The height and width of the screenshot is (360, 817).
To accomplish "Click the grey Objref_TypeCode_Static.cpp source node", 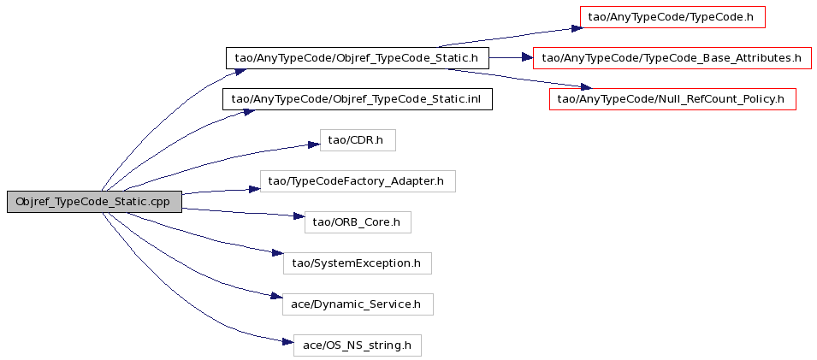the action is [x=94, y=202].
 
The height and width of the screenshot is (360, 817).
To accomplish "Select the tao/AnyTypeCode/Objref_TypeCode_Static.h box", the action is [x=357, y=58].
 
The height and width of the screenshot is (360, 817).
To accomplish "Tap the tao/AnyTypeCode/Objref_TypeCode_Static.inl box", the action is [x=358, y=99].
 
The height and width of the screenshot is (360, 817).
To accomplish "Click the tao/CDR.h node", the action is [x=358, y=140].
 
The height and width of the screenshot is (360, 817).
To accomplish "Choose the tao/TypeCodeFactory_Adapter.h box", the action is [x=358, y=180].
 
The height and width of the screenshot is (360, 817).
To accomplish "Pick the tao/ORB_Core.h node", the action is [x=358, y=222].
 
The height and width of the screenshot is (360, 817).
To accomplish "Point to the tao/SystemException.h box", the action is [x=358, y=263].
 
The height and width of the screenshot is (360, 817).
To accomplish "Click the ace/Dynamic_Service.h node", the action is [x=358, y=304].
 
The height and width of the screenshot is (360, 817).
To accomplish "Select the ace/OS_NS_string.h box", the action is [x=357, y=345].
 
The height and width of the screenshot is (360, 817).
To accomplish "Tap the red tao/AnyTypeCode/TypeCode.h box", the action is [x=672, y=17].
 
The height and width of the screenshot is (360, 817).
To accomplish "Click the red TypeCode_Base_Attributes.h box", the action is [x=672, y=58].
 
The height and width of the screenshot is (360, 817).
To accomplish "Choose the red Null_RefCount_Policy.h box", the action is [x=672, y=99].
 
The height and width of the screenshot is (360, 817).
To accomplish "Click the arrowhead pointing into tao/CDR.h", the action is [x=313, y=144].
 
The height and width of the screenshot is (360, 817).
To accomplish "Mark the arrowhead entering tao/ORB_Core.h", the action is [x=299, y=216].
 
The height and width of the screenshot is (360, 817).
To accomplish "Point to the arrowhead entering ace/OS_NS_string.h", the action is [x=288, y=342].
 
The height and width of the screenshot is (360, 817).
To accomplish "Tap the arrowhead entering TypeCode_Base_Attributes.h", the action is [x=527, y=58].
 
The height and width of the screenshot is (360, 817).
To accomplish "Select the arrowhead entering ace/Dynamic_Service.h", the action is [x=276, y=297].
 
